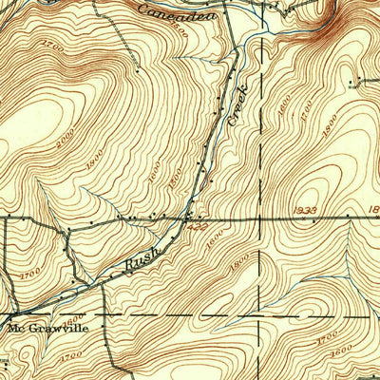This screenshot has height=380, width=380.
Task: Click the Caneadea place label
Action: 176,11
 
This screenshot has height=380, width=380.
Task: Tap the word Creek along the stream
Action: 237,106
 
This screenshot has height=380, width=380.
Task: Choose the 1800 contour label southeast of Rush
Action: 237,256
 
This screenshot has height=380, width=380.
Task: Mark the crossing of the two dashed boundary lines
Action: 258,312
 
